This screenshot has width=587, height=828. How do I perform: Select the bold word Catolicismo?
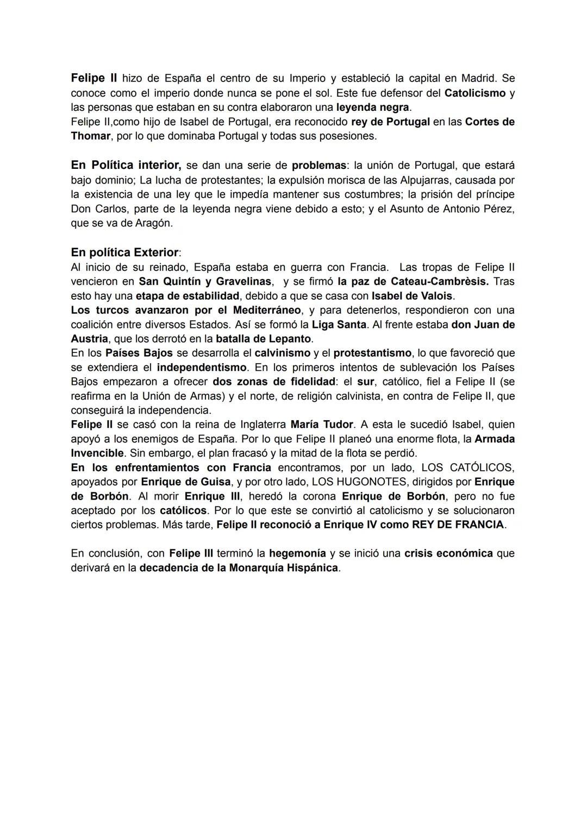point(474,93)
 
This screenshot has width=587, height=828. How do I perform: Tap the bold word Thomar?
point(90,136)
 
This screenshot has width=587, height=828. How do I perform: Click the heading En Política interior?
point(126,165)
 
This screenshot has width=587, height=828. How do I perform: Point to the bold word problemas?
point(319,165)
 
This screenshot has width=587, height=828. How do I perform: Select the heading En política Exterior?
point(124,252)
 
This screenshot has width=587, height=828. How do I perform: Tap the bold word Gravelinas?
point(243,281)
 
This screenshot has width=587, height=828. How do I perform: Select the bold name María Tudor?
point(322,424)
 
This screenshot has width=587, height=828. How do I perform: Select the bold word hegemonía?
point(297,553)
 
